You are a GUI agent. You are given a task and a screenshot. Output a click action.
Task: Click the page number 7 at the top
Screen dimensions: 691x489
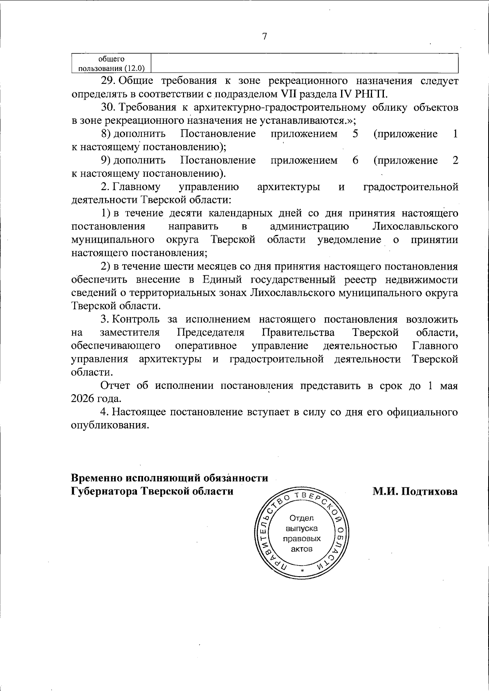tap(264, 37)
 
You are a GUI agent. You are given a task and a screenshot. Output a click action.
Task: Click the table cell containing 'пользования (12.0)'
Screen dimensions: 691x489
tap(111, 64)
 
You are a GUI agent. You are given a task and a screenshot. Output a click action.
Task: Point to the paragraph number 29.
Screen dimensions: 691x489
tap(109, 81)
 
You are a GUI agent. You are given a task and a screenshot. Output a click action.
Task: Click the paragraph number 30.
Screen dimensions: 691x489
tap(109, 107)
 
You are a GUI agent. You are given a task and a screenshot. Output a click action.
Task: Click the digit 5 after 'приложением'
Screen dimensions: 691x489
tap(355, 134)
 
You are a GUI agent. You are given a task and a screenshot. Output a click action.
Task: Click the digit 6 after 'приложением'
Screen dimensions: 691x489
tap(355, 160)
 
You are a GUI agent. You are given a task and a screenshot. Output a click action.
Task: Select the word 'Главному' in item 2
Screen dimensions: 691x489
tap(137, 187)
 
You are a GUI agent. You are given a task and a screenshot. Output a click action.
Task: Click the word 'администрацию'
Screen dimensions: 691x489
tap(309, 226)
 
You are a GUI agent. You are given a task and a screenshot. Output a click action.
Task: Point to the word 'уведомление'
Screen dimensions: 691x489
tap(349, 239)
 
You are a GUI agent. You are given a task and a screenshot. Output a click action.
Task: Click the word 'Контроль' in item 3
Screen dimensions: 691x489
tap(136, 319)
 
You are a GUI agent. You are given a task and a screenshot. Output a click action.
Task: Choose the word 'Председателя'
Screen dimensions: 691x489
tap(211, 333)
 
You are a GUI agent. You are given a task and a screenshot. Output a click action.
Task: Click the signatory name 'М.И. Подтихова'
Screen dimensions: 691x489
tap(415, 491)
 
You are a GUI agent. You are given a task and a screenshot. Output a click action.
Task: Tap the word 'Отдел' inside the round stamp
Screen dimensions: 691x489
tap(302, 518)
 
